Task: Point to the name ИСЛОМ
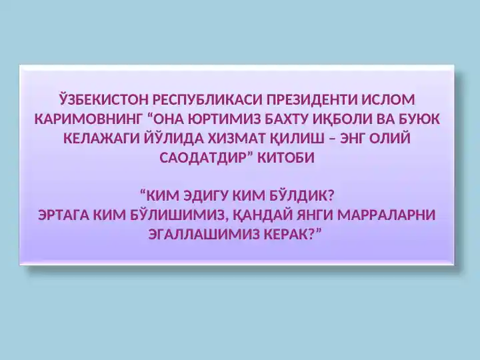[388, 100]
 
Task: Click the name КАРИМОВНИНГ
[89, 119]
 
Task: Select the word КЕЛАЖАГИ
[101, 139]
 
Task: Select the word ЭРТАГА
[64, 215]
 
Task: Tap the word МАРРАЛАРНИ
[386, 215]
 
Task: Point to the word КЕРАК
[285, 235]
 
